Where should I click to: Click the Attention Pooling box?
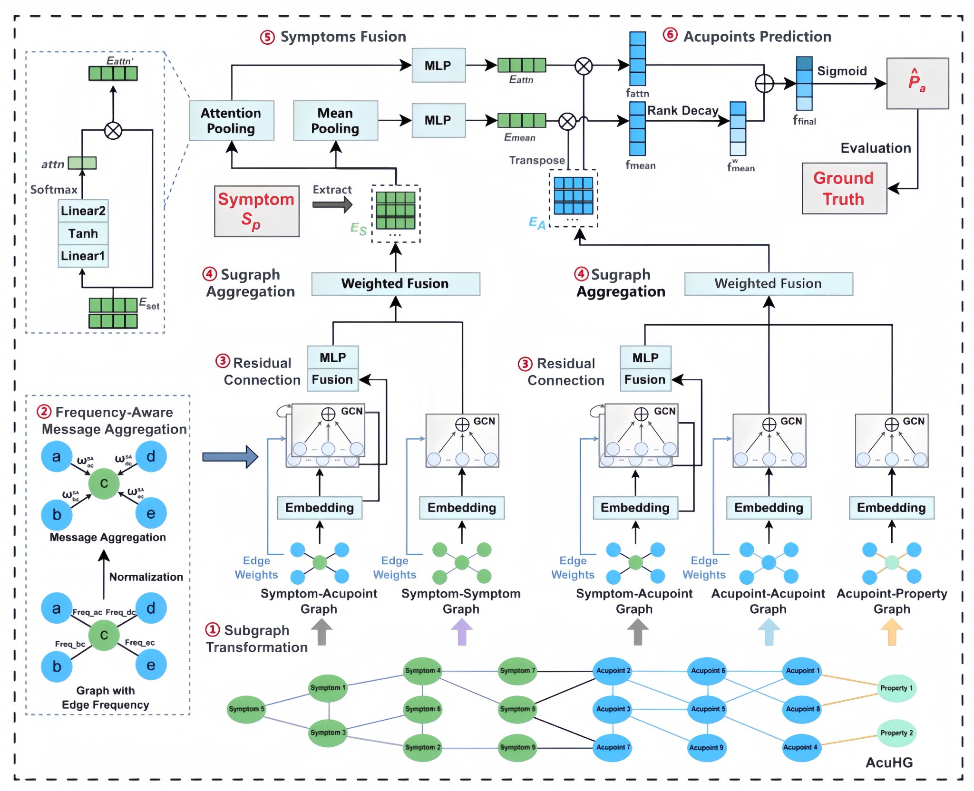pos(231,120)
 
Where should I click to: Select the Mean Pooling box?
pos(335,120)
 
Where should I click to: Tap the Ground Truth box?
pos(844,188)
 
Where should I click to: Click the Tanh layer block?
pos(83,233)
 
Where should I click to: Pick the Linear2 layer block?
pos(83,211)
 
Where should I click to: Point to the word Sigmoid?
pos(842,71)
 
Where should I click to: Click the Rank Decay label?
pos(682,111)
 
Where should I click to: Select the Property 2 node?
pos(896,733)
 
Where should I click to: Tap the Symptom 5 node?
pos(246,709)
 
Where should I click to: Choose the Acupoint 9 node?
pos(706,747)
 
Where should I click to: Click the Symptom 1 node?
pos(328,688)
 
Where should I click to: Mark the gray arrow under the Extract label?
pos(332,205)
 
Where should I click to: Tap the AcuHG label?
pos(889,762)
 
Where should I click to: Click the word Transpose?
pos(537,161)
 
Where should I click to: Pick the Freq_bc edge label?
pos(70,644)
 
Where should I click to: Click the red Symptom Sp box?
pos(256,211)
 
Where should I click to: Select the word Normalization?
pos(146,577)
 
